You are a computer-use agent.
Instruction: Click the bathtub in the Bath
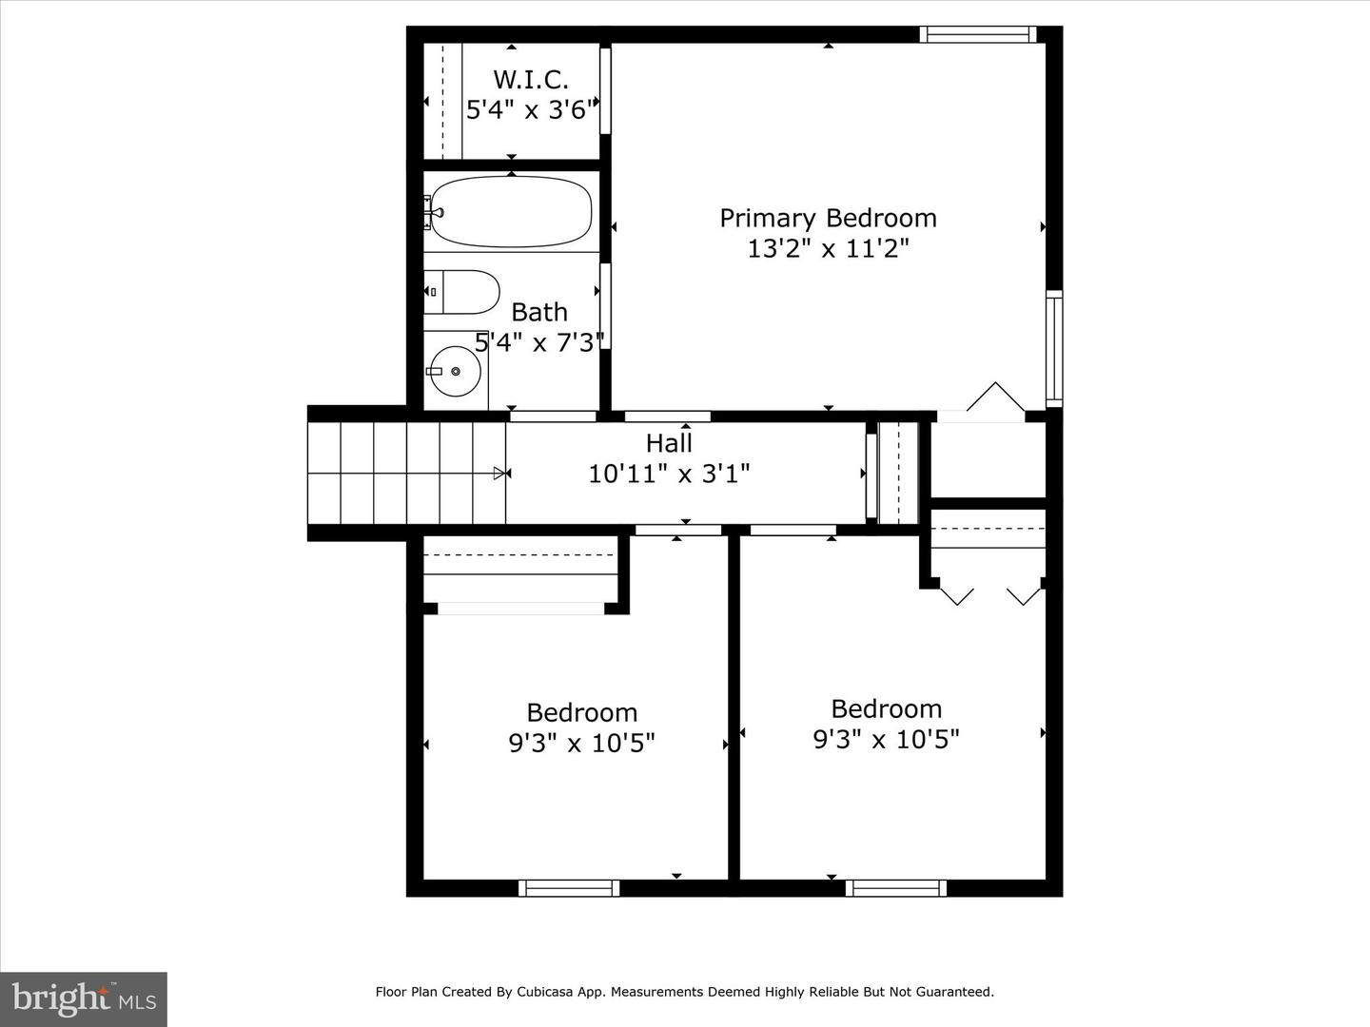pyautogui.click(x=511, y=211)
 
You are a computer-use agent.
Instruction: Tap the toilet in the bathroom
pyautogui.click(x=461, y=292)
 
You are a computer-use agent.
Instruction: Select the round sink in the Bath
pyautogui.click(x=456, y=371)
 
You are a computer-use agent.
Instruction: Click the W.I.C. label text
pyautogui.click(x=531, y=79)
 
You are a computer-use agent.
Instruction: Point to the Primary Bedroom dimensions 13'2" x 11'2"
pyautogui.click(x=828, y=249)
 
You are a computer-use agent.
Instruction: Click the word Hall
pyautogui.click(x=669, y=443)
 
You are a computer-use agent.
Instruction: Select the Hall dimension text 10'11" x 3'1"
pyautogui.click(x=669, y=474)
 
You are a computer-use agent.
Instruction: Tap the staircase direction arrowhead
pyautogui.click(x=499, y=474)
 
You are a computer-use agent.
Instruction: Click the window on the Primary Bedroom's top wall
pyautogui.click(x=978, y=34)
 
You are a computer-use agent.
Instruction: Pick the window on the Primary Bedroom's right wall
pyautogui.click(x=1054, y=349)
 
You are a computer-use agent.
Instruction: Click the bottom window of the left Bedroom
pyautogui.click(x=569, y=888)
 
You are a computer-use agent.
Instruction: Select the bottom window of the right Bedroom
pyautogui.click(x=895, y=888)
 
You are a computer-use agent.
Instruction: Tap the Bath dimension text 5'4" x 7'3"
pyautogui.click(x=539, y=342)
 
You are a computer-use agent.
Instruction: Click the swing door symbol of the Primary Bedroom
pyautogui.click(x=995, y=397)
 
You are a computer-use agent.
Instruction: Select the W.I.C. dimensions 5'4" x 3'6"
pyautogui.click(x=533, y=110)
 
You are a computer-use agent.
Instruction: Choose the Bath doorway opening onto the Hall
pyautogui.click(x=554, y=416)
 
